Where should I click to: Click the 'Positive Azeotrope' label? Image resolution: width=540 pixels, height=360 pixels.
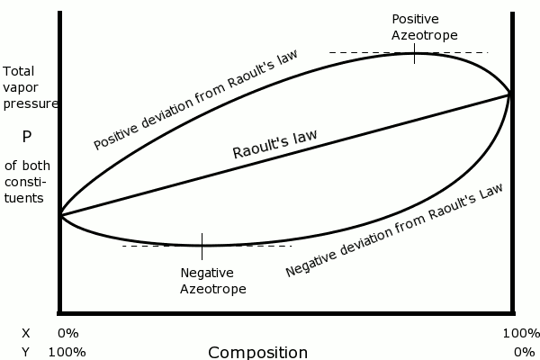(x=425, y=26)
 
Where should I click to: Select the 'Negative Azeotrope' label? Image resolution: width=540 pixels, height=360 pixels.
(x=212, y=281)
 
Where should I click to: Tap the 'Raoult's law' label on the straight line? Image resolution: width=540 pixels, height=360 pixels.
(x=274, y=144)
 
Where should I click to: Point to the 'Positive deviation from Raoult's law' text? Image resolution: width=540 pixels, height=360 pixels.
(x=196, y=99)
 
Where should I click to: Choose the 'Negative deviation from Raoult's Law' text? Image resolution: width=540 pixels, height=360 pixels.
(x=393, y=230)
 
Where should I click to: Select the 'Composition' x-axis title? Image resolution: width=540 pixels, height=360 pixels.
(x=257, y=352)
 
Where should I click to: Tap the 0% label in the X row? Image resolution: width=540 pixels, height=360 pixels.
(x=68, y=333)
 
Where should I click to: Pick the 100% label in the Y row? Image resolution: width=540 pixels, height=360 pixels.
(x=67, y=352)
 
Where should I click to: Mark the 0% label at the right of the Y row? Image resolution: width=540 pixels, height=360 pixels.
(x=524, y=352)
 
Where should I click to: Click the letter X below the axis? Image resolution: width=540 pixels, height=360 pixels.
(x=25, y=333)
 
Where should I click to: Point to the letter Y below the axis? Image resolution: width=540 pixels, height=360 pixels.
(x=25, y=352)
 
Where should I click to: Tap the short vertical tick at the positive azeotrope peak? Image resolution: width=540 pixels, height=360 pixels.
(x=415, y=55)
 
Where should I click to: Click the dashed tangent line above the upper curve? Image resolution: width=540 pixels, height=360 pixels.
(x=360, y=52)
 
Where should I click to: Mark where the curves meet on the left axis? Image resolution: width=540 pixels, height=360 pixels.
(x=60, y=214)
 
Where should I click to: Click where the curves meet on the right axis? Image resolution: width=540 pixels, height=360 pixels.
(x=511, y=93)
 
